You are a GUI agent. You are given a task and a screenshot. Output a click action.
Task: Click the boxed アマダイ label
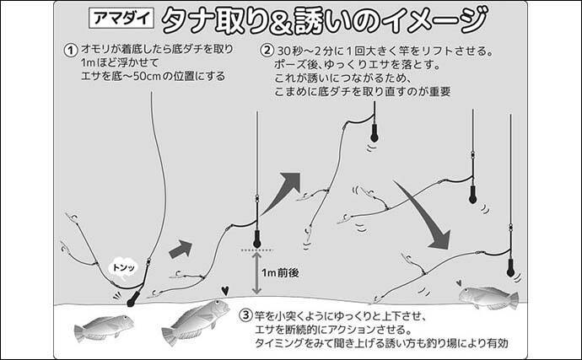(x=121, y=19)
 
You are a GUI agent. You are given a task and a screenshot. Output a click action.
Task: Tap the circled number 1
(x=71, y=50)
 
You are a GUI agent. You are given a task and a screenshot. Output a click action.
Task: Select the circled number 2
(x=267, y=50)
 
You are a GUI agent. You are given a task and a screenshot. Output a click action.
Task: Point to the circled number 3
(x=245, y=315)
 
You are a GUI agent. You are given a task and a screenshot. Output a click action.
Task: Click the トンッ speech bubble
(x=123, y=267)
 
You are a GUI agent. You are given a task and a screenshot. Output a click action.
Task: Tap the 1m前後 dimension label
(x=280, y=273)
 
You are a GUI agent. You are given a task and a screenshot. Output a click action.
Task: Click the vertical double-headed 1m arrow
(x=256, y=273)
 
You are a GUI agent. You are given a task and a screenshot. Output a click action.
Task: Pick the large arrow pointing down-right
(x=423, y=215)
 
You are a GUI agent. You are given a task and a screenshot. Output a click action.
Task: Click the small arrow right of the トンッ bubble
(x=181, y=249)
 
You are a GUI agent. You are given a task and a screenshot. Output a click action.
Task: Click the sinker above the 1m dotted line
(x=256, y=239)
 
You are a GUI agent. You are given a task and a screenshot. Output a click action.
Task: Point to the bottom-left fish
(x=104, y=328)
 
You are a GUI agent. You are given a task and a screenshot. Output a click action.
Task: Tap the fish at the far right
(x=488, y=297)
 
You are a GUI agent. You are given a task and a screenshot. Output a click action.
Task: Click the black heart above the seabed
(x=224, y=291)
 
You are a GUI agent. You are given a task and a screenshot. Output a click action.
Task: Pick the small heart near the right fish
(x=459, y=282)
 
